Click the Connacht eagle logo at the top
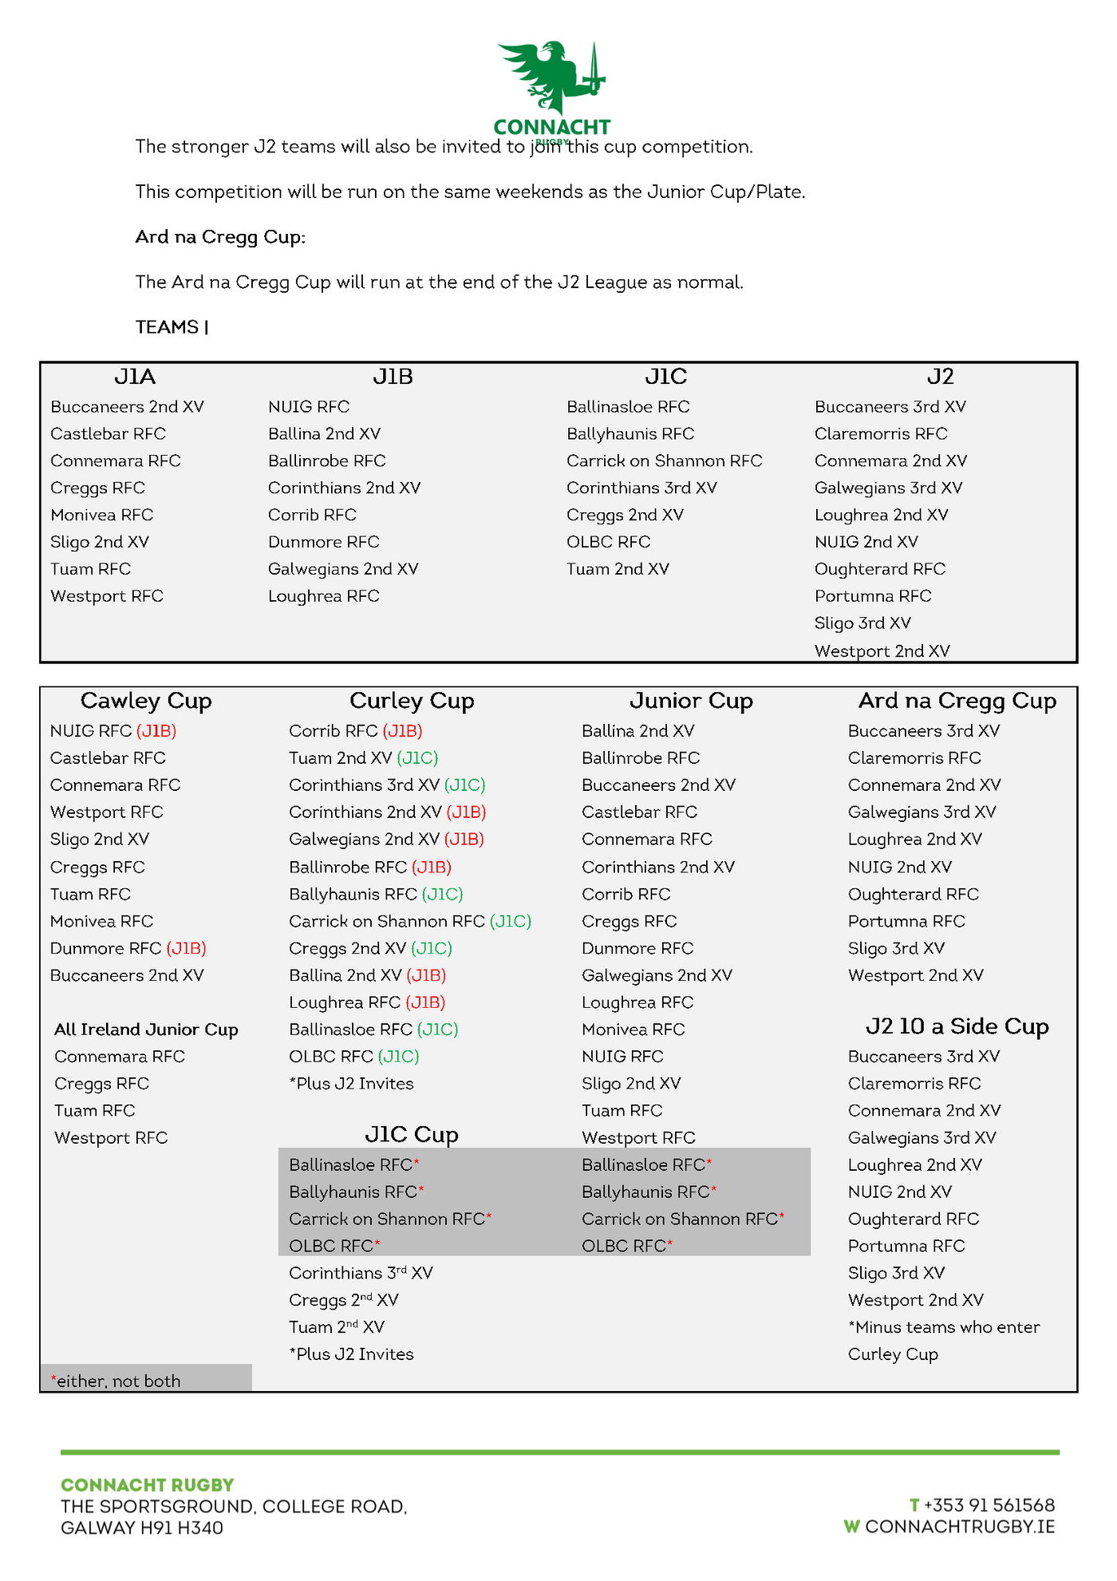tap(551, 80)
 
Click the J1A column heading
tap(135, 377)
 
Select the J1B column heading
tap(393, 377)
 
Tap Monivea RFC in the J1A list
tap(101, 515)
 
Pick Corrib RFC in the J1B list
tap(312, 515)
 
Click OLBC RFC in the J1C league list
tap(608, 542)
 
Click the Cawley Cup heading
tap(146, 701)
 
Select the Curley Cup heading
tap(412, 701)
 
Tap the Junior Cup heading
tap(691, 701)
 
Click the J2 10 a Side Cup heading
tap(957, 1026)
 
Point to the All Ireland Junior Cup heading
tap(146, 1030)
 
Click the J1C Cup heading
tap(412, 1135)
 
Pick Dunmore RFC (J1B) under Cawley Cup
tap(128, 948)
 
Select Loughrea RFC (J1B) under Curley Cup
tap(367, 1002)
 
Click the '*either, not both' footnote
tap(116, 1381)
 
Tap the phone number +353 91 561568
tap(989, 1505)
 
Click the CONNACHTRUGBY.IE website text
tap(959, 1527)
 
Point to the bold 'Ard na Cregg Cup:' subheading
tap(220, 237)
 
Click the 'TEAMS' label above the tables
tap(167, 327)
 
